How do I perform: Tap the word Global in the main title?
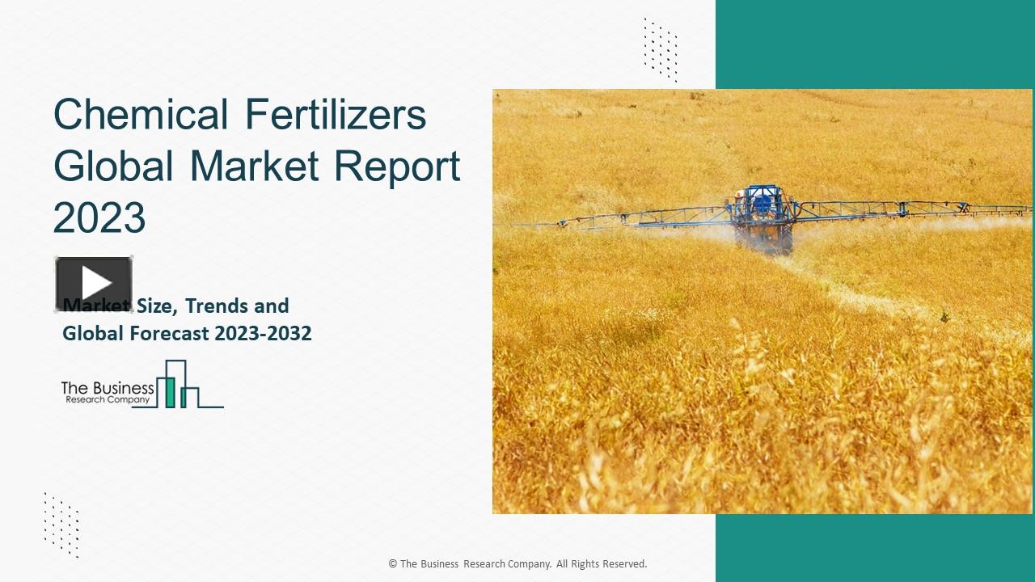(113, 166)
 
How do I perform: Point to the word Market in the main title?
(255, 166)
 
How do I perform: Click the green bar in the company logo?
(171, 391)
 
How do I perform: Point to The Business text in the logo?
(108, 388)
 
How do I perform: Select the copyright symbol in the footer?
(393, 564)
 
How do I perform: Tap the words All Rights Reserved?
(602, 564)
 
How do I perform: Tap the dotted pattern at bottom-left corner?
(61, 525)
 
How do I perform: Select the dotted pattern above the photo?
(661, 49)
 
